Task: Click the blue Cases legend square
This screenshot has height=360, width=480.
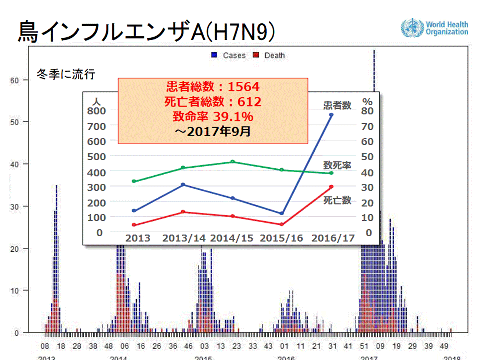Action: coord(214,55)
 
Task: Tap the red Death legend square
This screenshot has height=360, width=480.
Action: coord(256,55)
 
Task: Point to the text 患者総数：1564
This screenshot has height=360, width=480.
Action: coord(213,88)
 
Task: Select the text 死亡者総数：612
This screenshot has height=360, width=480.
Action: coord(213,103)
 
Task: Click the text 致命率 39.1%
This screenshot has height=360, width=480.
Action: coord(213,117)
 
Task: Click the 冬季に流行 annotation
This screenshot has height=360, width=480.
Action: coord(66,75)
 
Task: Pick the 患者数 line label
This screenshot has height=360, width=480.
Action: coord(337,105)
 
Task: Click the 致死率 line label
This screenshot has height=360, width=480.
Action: coord(337,165)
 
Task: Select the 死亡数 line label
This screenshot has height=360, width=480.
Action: coord(337,200)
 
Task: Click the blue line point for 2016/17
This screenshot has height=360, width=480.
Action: coord(331,115)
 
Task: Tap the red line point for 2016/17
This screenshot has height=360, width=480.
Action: coord(331,187)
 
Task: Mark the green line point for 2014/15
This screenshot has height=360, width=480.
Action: coord(233,162)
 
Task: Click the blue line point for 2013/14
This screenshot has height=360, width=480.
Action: coord(183,185)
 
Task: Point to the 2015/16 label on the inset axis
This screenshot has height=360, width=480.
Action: coord(282,238)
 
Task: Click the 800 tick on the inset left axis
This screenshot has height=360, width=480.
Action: coord(97,111)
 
